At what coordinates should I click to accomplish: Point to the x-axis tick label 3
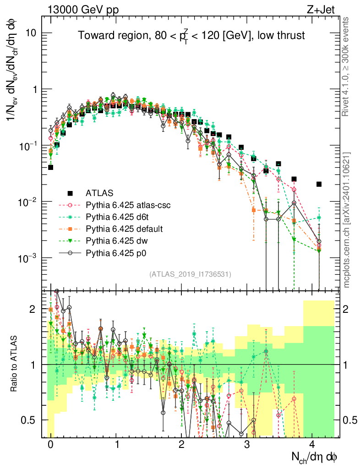[247, 445]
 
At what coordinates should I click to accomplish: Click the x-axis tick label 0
[50, 445]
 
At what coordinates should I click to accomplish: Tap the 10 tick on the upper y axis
[35, 33]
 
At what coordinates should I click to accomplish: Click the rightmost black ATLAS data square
[319, 184]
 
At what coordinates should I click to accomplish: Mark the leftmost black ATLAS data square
[50, 167]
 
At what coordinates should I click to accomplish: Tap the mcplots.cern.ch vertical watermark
[346, 219]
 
